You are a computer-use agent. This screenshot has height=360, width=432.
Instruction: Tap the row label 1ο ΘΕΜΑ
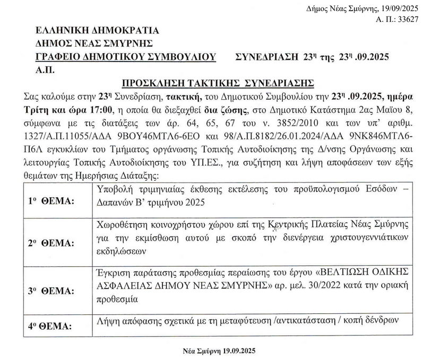pos(52,201)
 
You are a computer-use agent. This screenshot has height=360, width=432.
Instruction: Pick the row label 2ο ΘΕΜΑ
pos(52,243)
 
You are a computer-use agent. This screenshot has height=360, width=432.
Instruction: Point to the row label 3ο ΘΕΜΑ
pos(52,291)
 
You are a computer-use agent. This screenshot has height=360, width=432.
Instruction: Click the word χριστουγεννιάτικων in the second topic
pos(375,235)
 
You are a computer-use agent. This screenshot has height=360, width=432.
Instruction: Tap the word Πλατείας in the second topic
pos(332,223)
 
